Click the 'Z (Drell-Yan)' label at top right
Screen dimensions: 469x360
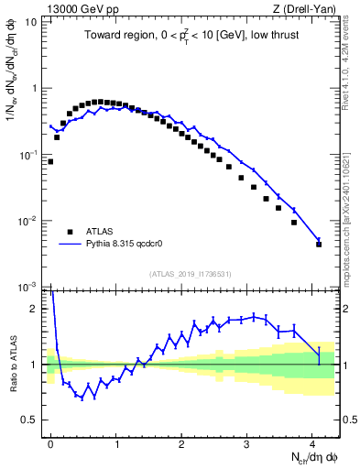pos(307,8)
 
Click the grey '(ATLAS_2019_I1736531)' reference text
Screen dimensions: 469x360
pos(190,274)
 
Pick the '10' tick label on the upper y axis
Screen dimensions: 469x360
pos(29,21)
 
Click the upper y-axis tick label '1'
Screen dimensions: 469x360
pos(34,88)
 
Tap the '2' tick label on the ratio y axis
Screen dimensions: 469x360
pos(34,309)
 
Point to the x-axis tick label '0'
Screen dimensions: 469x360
pos(51,443)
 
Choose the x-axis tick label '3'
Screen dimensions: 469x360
pos(247,443)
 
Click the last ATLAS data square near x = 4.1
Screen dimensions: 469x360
pos(319,245)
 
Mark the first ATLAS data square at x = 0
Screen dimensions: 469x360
pos(51,161)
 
